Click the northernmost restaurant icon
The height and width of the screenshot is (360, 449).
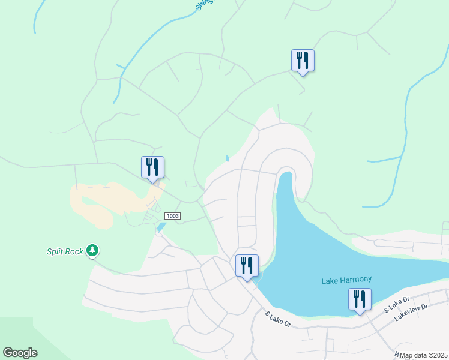click(303, 60)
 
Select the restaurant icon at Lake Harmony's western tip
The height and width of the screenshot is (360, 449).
click(247, 266)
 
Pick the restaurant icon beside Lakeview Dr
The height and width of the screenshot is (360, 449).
click(360, 299)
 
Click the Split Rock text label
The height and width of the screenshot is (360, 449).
click(65, 251)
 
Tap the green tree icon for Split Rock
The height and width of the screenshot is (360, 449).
click(92, 250)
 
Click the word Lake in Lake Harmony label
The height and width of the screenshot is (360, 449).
click(330, 280)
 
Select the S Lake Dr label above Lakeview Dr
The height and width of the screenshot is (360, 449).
click(396, 304)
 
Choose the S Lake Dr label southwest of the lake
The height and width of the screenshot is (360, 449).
click(278, 319)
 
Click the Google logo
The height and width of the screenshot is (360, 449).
click(20, 353)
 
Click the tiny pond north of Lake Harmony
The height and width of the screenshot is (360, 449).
click(227, 159)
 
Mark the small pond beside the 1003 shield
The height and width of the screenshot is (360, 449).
click(161, 227)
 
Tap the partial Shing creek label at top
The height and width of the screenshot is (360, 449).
click(204, 5)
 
